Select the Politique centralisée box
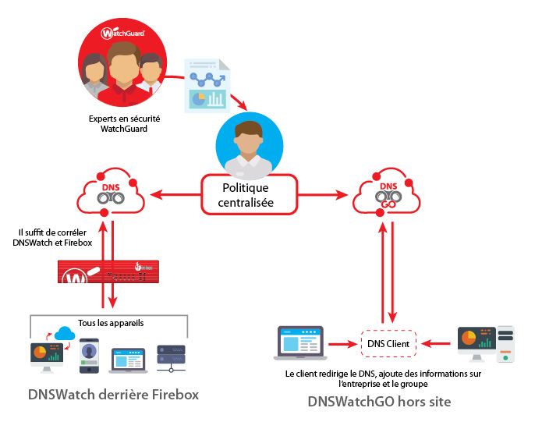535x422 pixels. [x=246, y=195]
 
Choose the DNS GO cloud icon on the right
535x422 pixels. [x=387, y=195]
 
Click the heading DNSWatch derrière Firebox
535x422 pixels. [x=113, y=395]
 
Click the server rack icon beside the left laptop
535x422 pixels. [x=169, y=356]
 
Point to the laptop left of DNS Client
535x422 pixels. [x=299, y=344]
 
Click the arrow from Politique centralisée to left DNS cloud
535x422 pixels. [x=173, y=195]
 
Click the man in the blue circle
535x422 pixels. [x=246, y=147]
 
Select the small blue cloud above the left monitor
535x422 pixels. [x=63, y=334]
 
